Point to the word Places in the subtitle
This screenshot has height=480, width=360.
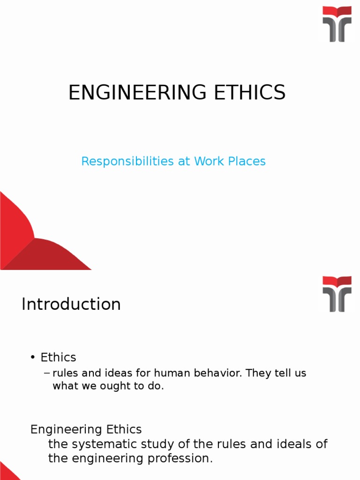247,161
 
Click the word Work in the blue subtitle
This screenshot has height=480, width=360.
210,161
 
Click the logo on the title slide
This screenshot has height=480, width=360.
337,24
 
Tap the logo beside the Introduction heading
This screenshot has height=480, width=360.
337,294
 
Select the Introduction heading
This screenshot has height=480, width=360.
71,304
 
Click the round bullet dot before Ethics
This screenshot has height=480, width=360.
33,358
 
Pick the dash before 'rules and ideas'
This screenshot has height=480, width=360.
46,374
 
